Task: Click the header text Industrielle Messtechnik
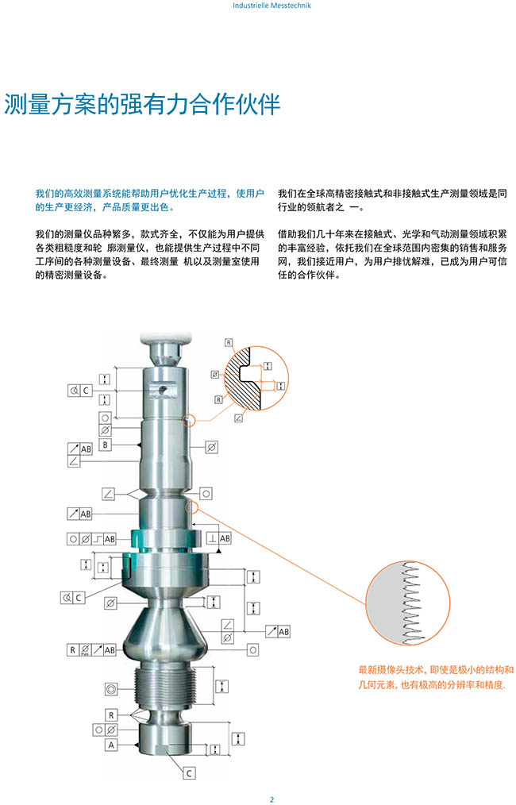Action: (x=271, y=6)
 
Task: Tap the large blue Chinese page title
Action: (x=142, y=104)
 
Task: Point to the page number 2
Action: (x=271, y=799)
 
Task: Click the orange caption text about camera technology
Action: (x=436, y=677)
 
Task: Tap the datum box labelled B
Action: (x=106, y=445)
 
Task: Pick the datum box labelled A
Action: (x=111, y=745)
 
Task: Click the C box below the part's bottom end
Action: (x=189, y=772)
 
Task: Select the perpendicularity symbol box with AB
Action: (x=219, y=538)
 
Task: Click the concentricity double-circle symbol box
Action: (x=111, y=689)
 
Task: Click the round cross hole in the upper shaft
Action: (x=162, y=390)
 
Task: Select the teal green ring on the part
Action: (x=167, y=540)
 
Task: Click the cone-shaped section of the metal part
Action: (x=165, y=631)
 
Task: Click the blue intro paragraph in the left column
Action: (x=149, y=200)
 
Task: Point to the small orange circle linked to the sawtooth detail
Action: (x=191, y=508)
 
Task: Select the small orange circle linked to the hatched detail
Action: (x=190, y=421)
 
